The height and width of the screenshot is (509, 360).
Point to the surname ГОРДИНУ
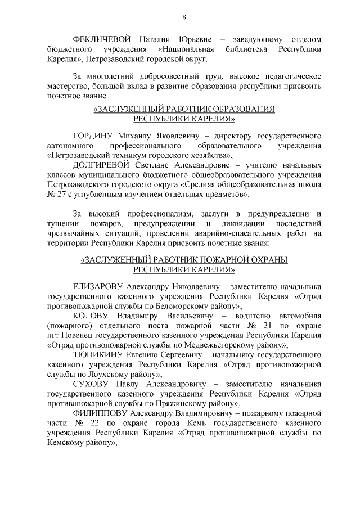pos(93,136)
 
